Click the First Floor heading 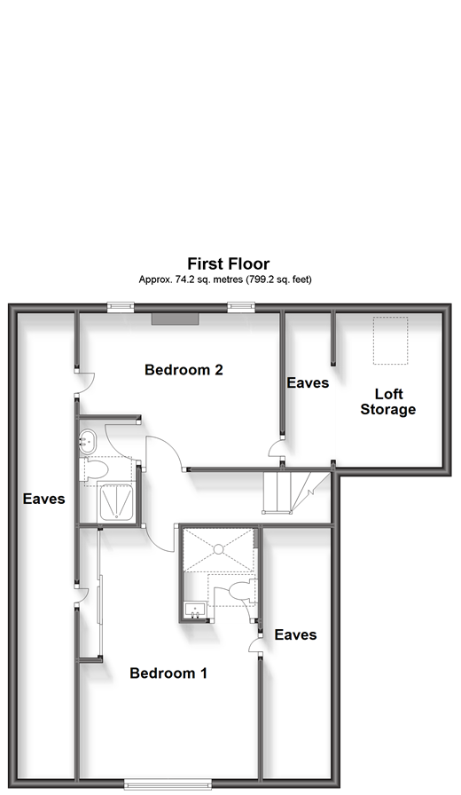[229, 264]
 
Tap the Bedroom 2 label [184, 370]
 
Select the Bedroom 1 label [168, 673]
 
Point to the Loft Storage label [388, 402]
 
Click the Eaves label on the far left [44, 499]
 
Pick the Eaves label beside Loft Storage [308, 382]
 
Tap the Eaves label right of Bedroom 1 [295, 634]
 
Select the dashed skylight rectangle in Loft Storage [391, 341]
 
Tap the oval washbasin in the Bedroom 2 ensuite [88, 441]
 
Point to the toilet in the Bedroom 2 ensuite [95, 468]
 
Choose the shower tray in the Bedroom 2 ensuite [116, 502]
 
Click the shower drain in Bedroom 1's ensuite [218, 548]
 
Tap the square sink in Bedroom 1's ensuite [194, 609]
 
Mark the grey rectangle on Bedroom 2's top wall [176, 319]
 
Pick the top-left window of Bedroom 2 [121, 307]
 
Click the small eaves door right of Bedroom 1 [254, 644]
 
